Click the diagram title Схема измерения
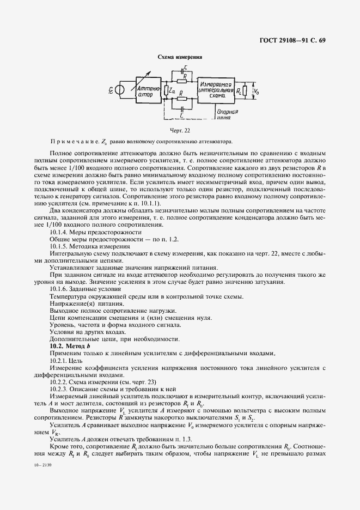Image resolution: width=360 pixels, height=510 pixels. click(180, 57)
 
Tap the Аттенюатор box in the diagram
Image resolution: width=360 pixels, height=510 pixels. click(147, 91)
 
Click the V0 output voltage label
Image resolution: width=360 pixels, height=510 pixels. click(258, 91)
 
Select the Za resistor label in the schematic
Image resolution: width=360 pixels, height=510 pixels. click(173, 92)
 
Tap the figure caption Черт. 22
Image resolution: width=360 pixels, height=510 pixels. click(180, 130)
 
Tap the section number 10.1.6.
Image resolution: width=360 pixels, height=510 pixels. click(59, 288)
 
